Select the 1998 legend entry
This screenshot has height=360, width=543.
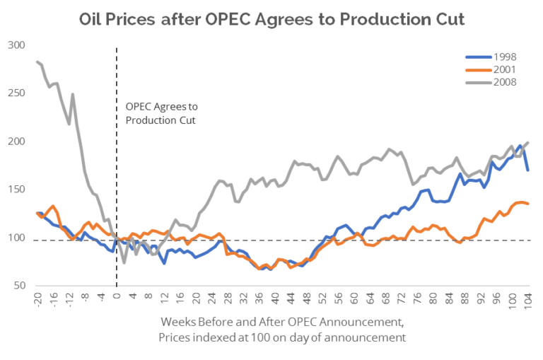495,57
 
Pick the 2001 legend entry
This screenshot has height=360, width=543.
495,69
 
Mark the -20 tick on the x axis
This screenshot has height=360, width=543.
37,298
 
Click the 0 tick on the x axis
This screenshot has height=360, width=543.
116,295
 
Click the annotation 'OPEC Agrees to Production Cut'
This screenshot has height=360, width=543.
162,113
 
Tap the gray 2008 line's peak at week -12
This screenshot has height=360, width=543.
72,94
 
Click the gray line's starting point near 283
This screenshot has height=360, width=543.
37,62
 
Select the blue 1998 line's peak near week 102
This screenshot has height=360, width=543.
520,146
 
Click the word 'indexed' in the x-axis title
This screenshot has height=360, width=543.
249,337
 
